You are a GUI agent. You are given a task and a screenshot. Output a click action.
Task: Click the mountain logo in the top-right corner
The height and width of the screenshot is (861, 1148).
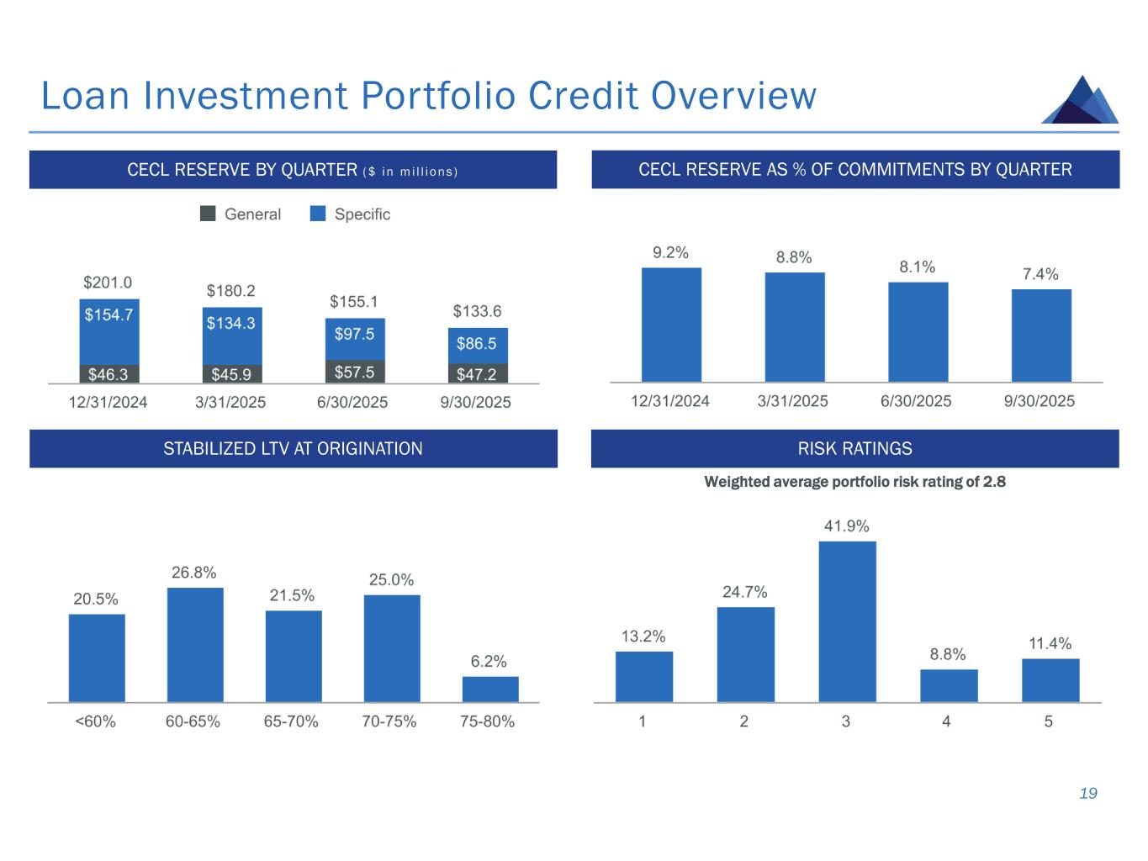click(x=1080, y=101)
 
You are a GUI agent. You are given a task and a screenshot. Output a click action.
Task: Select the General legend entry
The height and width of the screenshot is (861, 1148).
click(x=241, y=214)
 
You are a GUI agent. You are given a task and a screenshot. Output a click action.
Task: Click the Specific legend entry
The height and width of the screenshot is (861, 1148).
click(x=351, y=214)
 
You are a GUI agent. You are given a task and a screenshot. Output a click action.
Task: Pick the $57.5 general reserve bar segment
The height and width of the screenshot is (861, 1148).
click(x=355, y=372)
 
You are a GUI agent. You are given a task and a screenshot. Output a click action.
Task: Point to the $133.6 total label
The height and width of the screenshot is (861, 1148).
click(x=477, y=311)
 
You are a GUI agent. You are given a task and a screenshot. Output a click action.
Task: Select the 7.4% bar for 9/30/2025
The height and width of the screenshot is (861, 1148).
click(x=1041, y=335)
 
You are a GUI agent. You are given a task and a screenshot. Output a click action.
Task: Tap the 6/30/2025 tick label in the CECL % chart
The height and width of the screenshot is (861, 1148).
click(x=916, y=401)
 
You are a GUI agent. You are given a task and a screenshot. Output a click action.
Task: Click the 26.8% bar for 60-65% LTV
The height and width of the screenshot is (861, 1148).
click(x=195, y=644)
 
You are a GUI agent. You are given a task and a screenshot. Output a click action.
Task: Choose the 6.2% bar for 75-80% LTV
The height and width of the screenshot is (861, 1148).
click(x=490, y=689)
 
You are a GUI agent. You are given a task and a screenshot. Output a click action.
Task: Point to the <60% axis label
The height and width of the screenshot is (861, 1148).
click(x=95, y=721)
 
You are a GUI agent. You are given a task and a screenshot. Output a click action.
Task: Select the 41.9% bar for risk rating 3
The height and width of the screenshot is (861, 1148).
click(x=847, y=621)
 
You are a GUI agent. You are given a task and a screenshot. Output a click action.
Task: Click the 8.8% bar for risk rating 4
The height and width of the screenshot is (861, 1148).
click(x=949, y=685)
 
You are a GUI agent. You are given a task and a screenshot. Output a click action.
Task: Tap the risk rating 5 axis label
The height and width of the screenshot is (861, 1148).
click(x=1049, y=721)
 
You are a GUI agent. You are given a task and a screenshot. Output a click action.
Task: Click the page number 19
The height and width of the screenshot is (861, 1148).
click(x=1088, y=794)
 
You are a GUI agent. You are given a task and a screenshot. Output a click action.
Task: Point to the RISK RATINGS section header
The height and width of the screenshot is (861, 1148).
click(x=854, y=449)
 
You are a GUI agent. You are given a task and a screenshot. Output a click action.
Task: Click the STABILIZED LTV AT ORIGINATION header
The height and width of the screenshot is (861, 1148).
click(x=293, y=449)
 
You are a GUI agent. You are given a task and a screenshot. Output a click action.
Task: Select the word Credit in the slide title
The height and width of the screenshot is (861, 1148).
click(x=579, y=96)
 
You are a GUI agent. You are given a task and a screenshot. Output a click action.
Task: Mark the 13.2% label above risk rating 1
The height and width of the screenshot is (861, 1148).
click(x=643, y=637)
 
